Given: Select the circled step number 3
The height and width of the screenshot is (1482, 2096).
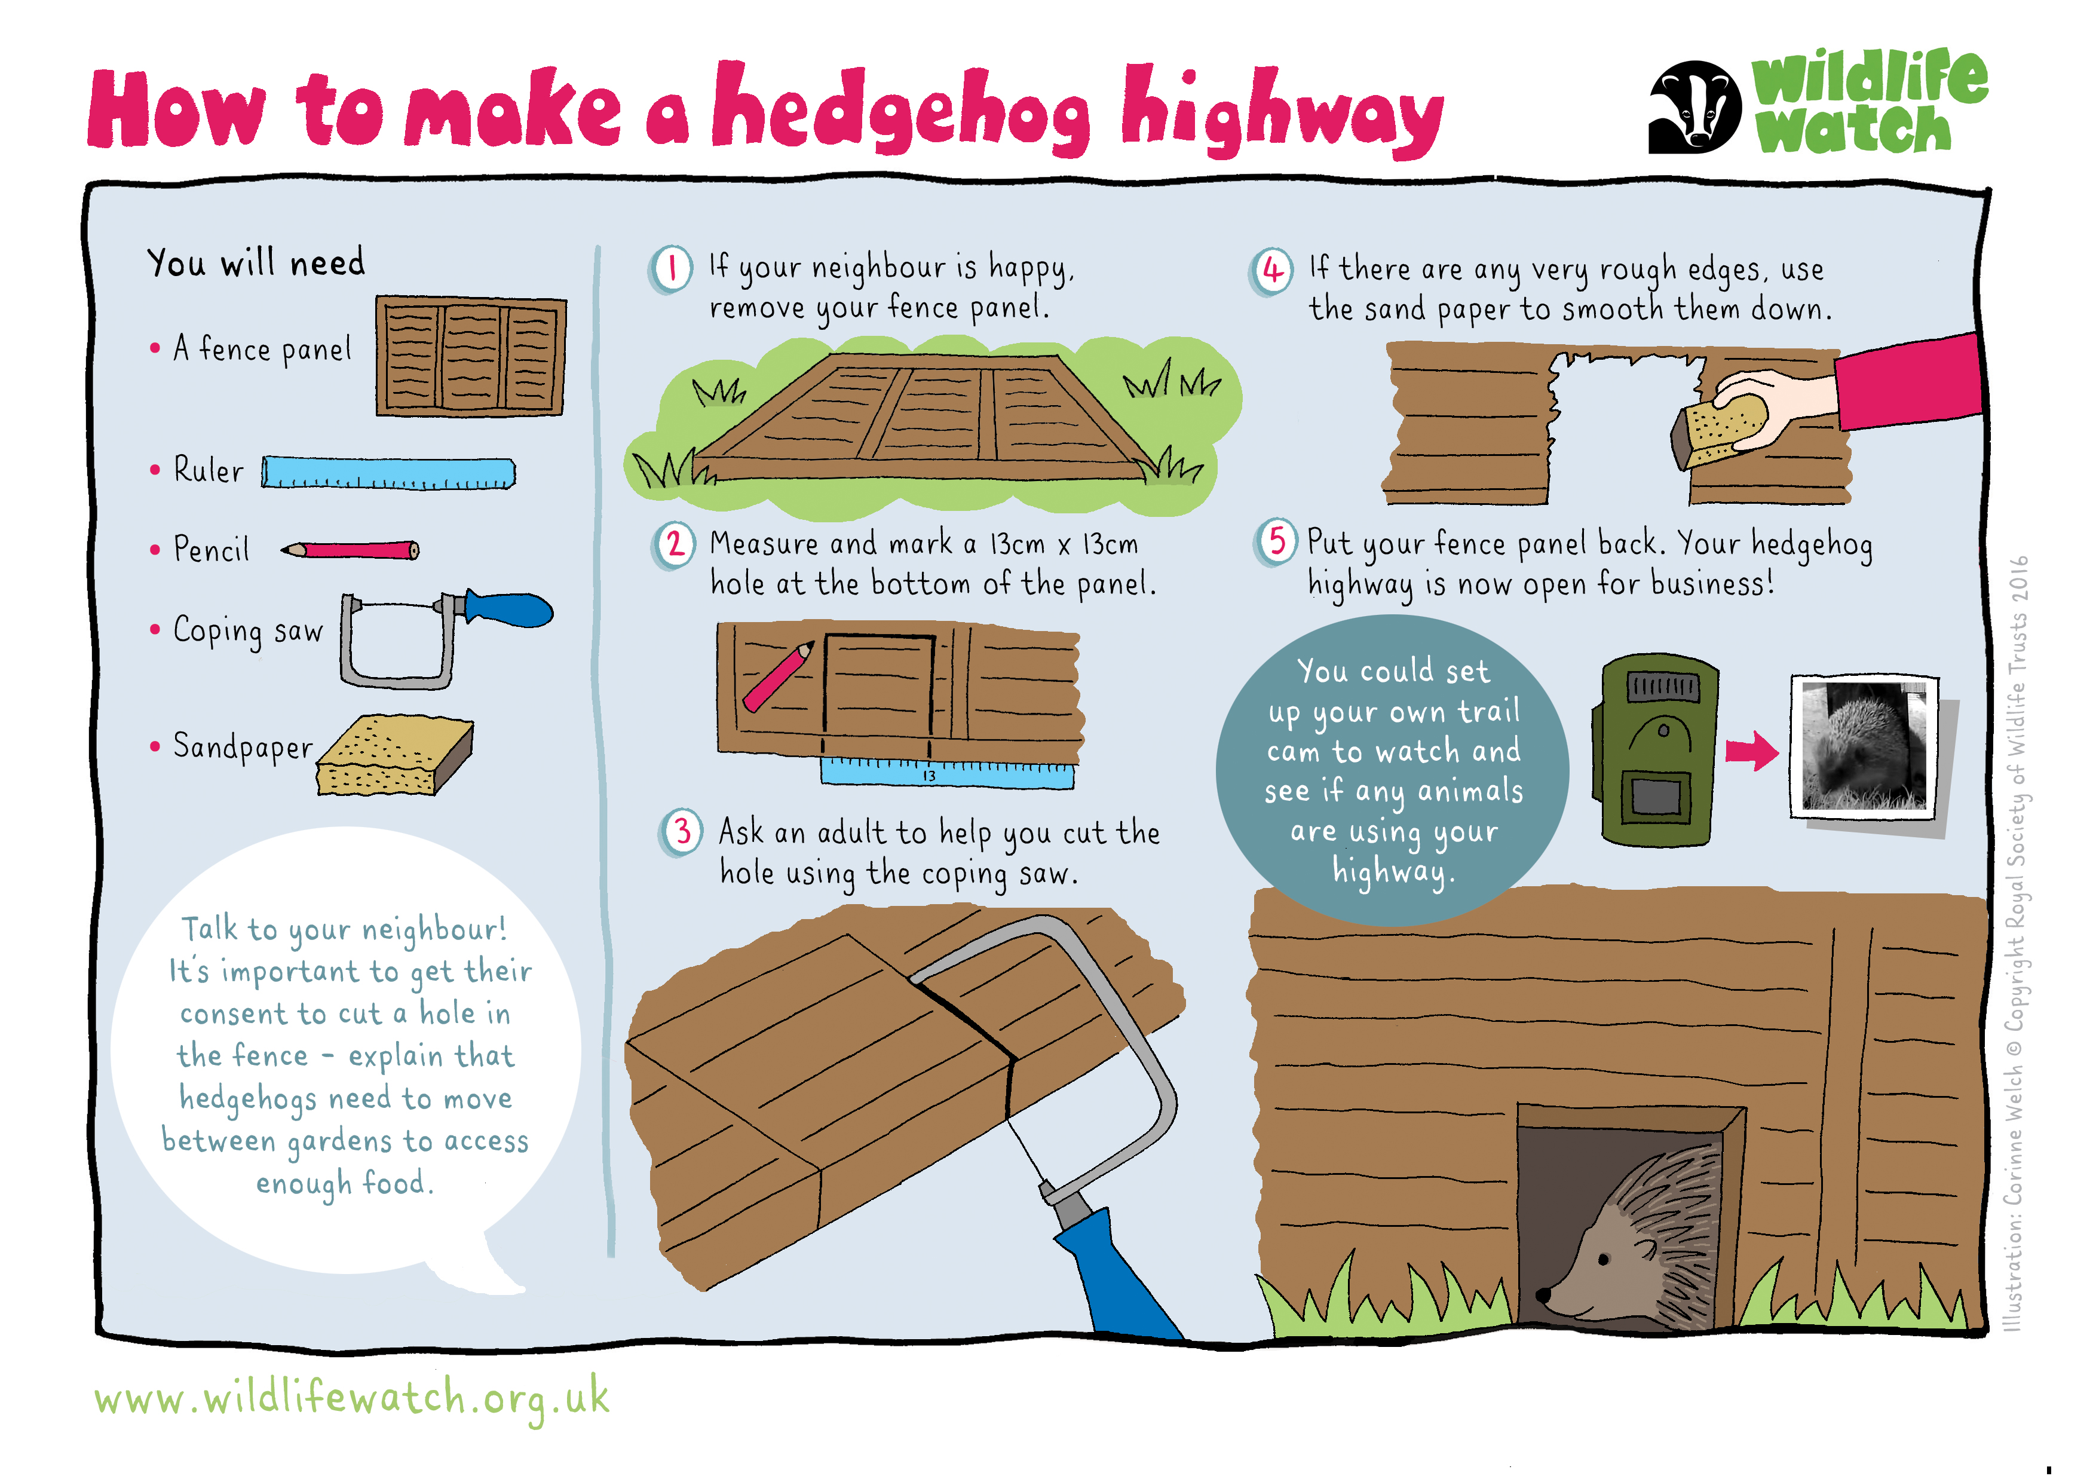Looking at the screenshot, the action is tap(682, 832).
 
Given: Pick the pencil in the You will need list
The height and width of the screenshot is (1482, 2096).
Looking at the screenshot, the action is tap(350, 550).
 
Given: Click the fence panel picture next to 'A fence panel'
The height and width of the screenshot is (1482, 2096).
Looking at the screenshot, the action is tap(471, 356).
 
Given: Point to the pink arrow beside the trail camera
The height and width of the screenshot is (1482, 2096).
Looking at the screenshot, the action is tap(1751, 752).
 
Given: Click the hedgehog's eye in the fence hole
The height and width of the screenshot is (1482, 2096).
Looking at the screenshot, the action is tap(1604, 1261).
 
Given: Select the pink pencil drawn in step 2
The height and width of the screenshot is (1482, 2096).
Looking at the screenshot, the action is tap(778, 676).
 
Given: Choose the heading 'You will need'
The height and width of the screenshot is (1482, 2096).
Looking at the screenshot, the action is tap(256, 263).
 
